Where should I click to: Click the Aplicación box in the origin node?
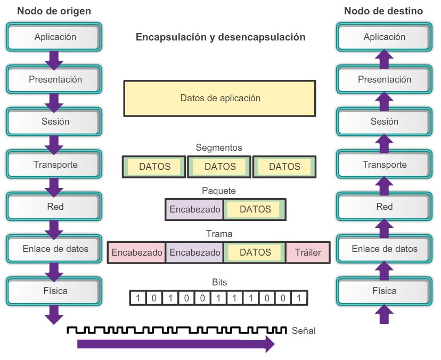tap(55, 37)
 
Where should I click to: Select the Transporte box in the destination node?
tap(384, 165)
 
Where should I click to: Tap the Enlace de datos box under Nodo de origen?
tap(55, 249)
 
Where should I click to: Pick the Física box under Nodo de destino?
tap(384, 291)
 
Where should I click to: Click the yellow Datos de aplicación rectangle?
tap(219, 98)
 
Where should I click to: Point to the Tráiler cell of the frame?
tap(308, 252)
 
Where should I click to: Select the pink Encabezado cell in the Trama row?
tap(137, 252)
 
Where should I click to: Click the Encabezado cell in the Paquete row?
tap(195, 209)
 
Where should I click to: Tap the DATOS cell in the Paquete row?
tap(255, 209)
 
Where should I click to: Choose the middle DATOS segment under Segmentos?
tap(220, 167)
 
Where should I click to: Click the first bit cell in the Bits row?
tap(138, 298)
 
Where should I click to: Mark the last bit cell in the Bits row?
tap(299, 298)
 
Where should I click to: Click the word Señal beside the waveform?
tap(304, 331)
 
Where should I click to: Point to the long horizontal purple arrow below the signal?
tap(176, 344)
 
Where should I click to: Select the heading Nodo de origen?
tap(54, 11)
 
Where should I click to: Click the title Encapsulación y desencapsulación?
tap(220, 37)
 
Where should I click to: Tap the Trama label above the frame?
tap(219, 233)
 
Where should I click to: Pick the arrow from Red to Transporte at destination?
tap(384, 186)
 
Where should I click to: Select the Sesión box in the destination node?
tap(384, 121)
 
